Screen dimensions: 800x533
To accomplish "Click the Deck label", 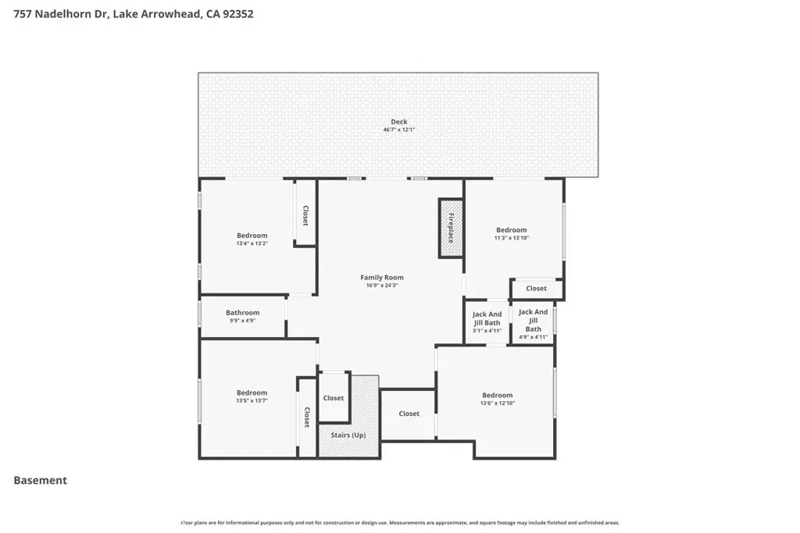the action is tap(399, 121).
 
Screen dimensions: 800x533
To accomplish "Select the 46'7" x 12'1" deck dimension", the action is tap(399, 130).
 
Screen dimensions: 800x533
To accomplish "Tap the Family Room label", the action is tap(381, 277).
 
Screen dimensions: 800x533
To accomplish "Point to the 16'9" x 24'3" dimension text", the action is tap(381, 286).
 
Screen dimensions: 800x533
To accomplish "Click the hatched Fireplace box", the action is tap(451, 228).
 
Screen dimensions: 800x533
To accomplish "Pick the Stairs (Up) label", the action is tap(348, 435).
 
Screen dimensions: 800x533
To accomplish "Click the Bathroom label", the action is tap(242, 312).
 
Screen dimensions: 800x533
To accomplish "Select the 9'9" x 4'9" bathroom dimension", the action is tap(242, 321).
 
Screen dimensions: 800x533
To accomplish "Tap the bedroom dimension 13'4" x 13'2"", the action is tap(252, 243).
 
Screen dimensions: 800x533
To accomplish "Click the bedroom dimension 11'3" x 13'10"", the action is tap(511, 238).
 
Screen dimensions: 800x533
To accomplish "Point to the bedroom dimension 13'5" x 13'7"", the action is tap(252, 401).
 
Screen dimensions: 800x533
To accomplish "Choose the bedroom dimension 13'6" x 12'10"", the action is tap(498, 403).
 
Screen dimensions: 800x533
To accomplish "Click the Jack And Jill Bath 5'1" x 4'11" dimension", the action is tap(487, 331).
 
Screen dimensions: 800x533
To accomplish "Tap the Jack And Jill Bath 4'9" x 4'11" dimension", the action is tap(533, 337).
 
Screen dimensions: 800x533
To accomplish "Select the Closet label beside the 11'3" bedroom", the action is tap(536, 289).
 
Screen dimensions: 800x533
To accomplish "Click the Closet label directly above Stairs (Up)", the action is tap(333, 398).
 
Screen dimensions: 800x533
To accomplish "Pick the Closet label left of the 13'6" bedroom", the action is tap(409, 414).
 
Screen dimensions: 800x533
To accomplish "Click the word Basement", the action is tap(41, 480).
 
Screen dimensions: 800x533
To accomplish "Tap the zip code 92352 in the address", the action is tap(237, 14).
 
